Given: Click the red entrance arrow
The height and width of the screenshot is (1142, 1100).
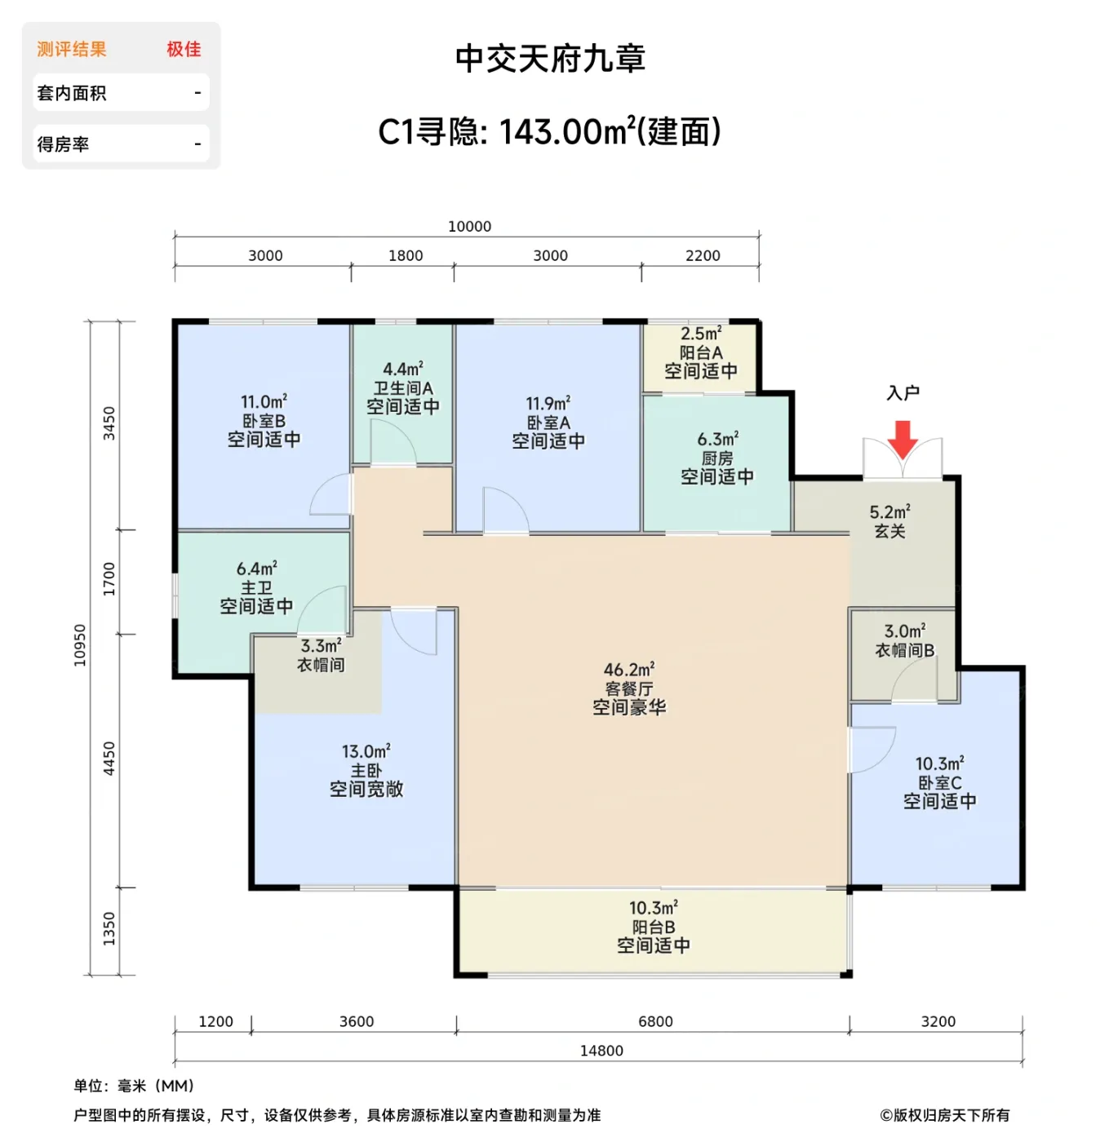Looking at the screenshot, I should pos(903,439).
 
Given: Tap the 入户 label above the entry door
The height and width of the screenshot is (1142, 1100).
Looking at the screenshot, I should pos(903,393).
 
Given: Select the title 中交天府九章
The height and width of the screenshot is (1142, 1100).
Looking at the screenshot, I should pos(550,59).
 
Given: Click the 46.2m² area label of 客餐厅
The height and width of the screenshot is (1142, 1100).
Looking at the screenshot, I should pos(628,670).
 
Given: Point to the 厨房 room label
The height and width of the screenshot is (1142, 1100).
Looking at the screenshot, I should pos(716,458).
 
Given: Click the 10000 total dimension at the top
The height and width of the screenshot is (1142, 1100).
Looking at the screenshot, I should pos(469,227).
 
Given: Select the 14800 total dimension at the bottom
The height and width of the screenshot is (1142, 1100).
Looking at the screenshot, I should pos(601,1051).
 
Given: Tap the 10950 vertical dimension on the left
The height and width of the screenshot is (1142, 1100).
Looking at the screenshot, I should pos(80,645).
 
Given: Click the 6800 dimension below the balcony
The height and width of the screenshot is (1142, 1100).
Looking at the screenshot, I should pos(655,1021).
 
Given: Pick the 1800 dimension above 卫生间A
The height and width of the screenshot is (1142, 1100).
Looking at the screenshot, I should pos(405,256).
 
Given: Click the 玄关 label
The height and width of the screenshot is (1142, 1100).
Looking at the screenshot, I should pos(889,532).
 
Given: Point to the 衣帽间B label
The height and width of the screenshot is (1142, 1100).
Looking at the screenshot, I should pos(904,650).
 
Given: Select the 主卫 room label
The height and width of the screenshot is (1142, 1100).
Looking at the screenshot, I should pos(256,587).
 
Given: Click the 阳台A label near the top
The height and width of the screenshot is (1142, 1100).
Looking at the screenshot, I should pos(700,352).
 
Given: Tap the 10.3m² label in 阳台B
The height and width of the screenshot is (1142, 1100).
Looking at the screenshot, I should pos(653,908).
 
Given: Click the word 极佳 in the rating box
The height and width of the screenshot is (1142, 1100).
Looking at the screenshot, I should pos(184,49).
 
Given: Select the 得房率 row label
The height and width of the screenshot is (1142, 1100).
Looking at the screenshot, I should pos(63,144).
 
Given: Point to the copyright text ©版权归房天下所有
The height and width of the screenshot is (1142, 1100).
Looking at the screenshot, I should pos(944,1115).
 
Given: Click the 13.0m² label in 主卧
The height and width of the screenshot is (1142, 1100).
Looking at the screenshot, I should pos(366,751).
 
